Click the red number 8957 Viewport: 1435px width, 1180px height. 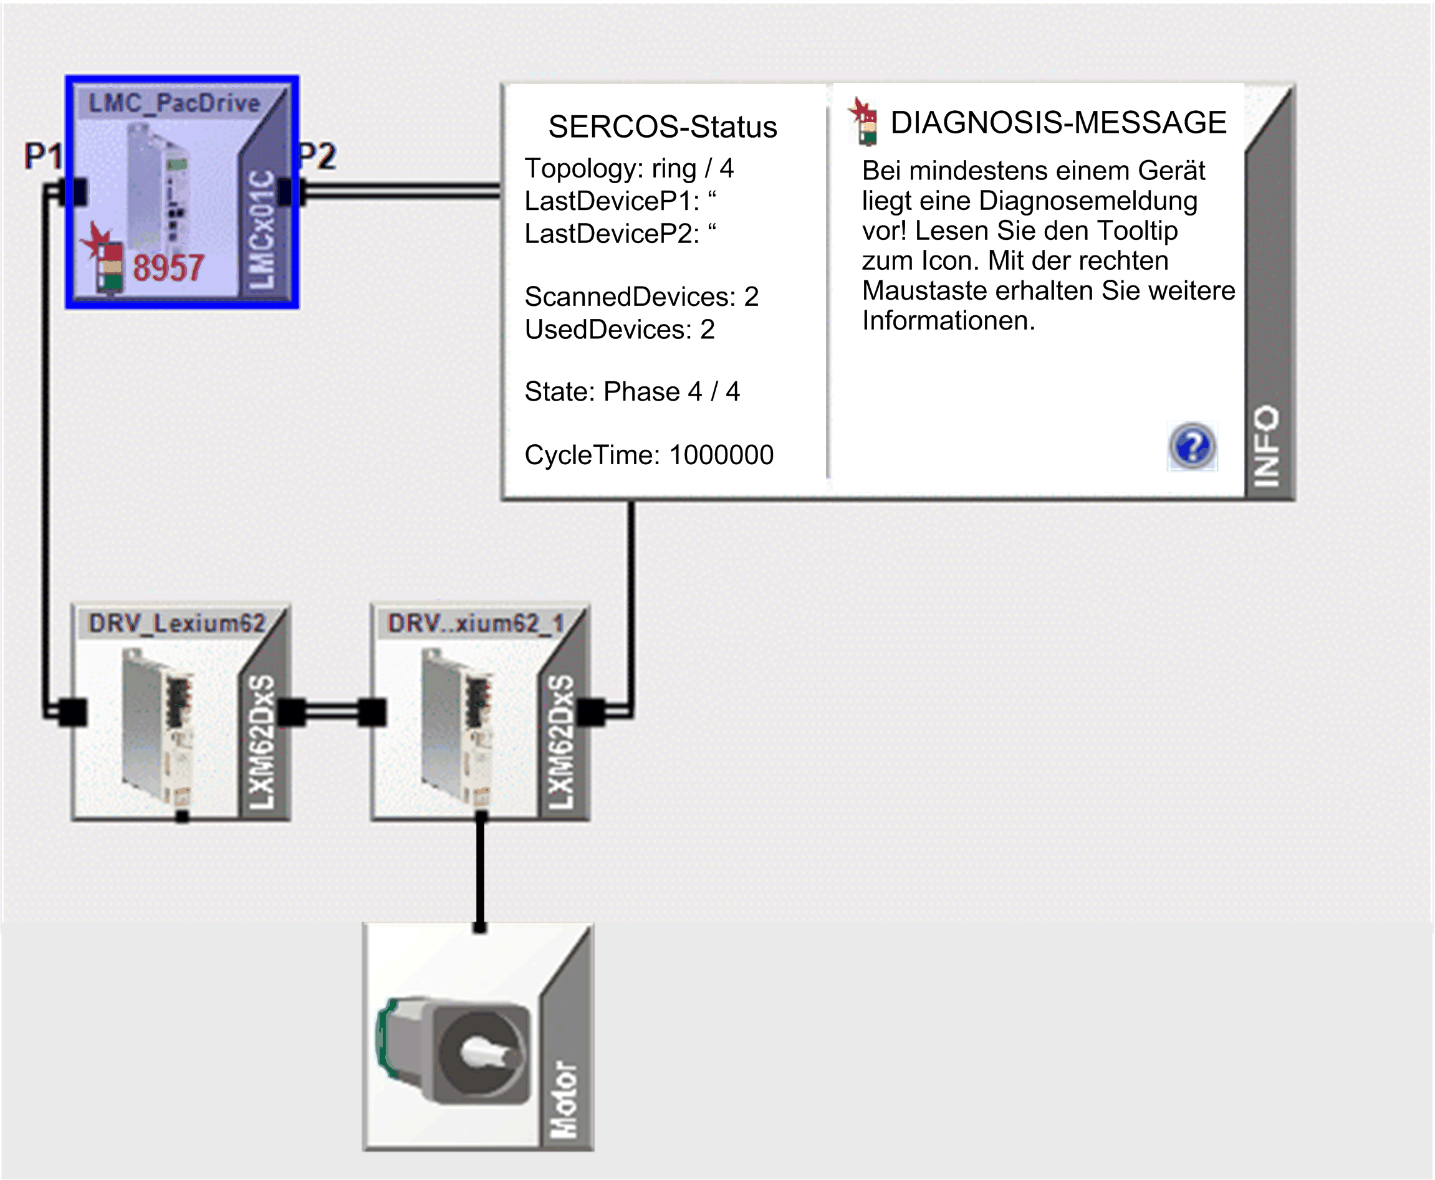(x=168, y=267)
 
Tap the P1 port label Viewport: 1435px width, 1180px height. (x=43, y=156)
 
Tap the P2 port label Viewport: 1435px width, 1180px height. (x=317, y=156)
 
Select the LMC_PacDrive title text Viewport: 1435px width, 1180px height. (x=174, y=103)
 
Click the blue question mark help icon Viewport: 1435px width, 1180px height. (x=1193, y=447)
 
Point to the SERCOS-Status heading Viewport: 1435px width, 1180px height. (x=663, y=126)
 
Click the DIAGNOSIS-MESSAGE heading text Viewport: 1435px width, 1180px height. (x=1058, y=122)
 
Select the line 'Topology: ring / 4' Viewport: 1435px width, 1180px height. (x=629, y=169)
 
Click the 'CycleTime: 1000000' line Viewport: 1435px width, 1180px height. (x=649, y=455)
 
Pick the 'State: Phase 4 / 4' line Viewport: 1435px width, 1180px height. (x=632, y=391)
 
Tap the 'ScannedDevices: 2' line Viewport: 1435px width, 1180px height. (x=641, y=297)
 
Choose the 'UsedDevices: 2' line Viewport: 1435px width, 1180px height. (x=620, y=329)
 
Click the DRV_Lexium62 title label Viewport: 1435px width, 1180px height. (x=177, y=622)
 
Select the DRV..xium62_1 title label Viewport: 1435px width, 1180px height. (x=476, y=622)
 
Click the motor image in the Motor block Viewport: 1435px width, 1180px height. (x=453, y=1050)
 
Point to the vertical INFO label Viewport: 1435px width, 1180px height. (x=1266, y=447)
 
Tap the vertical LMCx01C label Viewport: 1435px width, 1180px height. (x=261, y=230)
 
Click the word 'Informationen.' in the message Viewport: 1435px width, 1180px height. (x=949, y=320)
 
